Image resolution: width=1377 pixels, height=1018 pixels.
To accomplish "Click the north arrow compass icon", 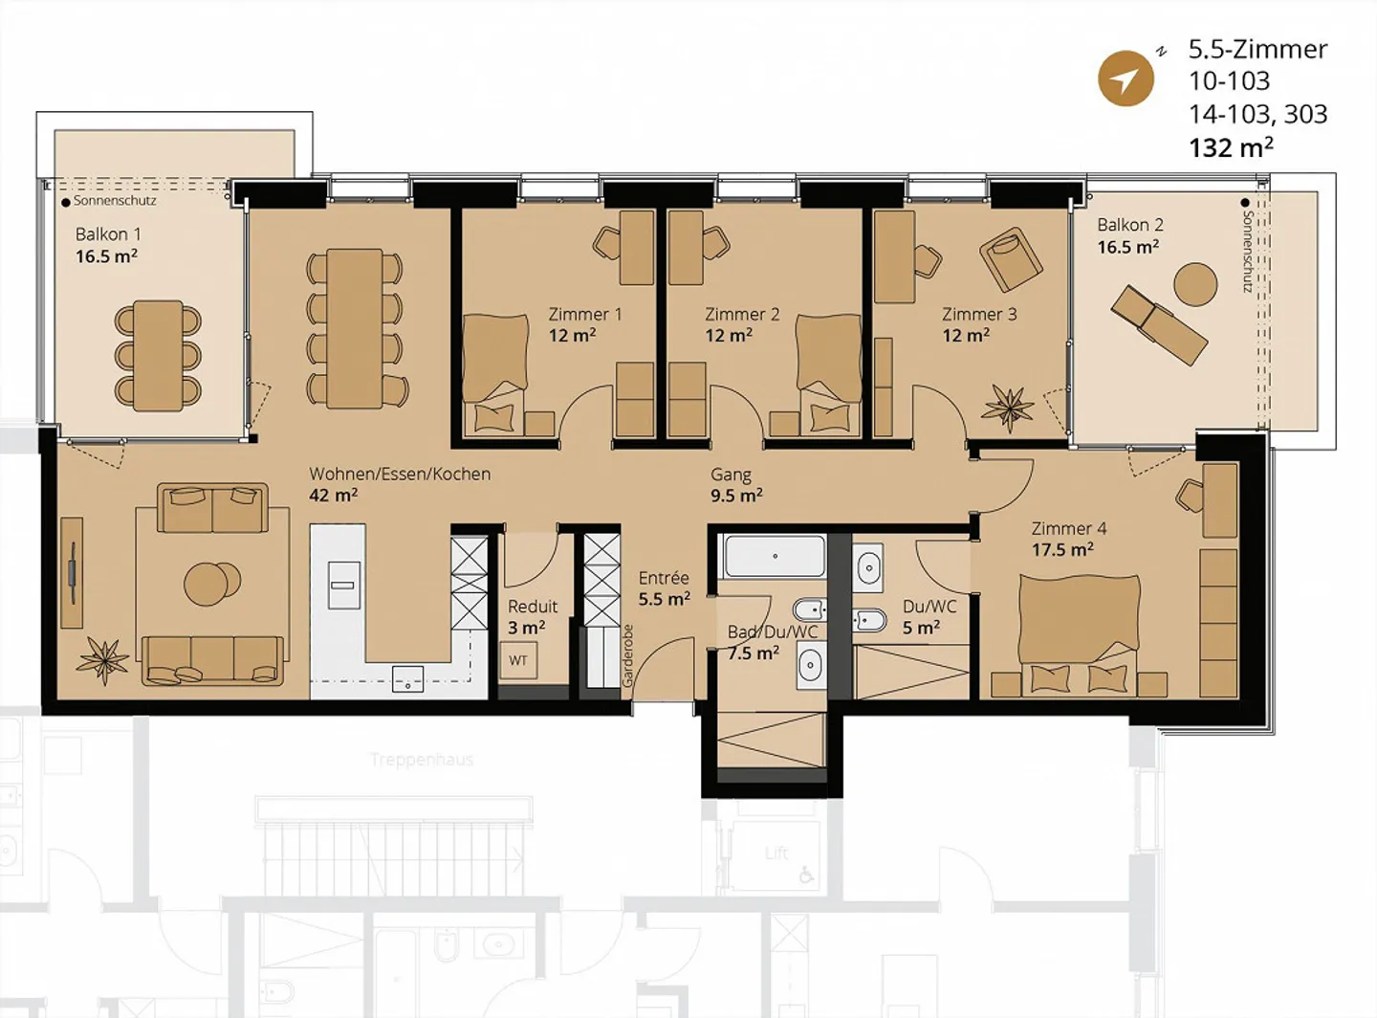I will click(x=1126, y=78).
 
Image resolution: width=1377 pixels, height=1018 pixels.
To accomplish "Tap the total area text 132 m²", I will click(x=1231, y=147).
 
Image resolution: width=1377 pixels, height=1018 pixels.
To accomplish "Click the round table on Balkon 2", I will click(x=1194, y=283).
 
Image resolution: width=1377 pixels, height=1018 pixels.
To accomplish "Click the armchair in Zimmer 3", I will click(x=1010, y=258).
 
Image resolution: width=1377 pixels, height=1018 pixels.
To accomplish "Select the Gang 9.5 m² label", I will click(x=735, y=485).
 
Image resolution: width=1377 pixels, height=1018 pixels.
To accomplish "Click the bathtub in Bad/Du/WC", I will click(x=775, y=556).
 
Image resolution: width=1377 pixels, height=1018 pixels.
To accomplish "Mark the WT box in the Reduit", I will click(x=518, y=660).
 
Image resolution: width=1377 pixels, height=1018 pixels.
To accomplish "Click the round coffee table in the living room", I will click(x=212, y=583).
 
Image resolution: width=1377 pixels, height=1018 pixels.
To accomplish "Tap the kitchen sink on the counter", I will click(x=408, y=681).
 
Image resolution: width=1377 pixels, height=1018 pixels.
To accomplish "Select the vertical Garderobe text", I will click(x=628, y=656).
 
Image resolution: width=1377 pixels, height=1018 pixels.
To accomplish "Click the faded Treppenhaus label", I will click(x=422, y=760).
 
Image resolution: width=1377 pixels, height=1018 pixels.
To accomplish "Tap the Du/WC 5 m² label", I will click(x=929, y=617).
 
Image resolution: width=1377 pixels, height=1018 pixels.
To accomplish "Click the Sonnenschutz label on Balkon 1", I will click(x=115, y=201).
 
